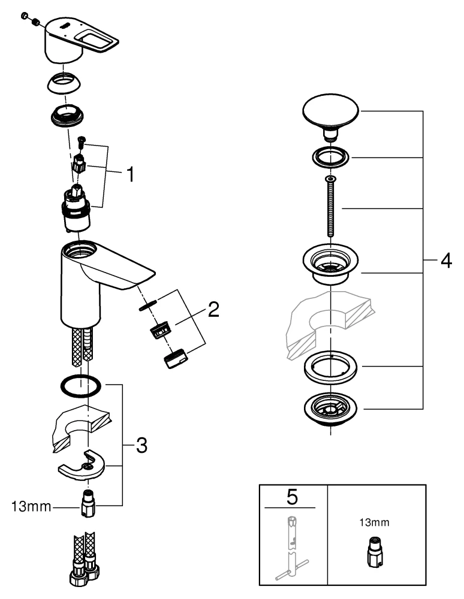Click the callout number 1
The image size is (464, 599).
tap(131, 176)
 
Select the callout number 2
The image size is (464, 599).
tap(213, 310)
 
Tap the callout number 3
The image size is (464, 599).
tap(140, 444)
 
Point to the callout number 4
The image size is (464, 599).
tap(445, 261)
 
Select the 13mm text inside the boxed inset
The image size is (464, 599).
tap(374, 522)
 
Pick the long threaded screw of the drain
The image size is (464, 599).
tap(330, 210)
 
